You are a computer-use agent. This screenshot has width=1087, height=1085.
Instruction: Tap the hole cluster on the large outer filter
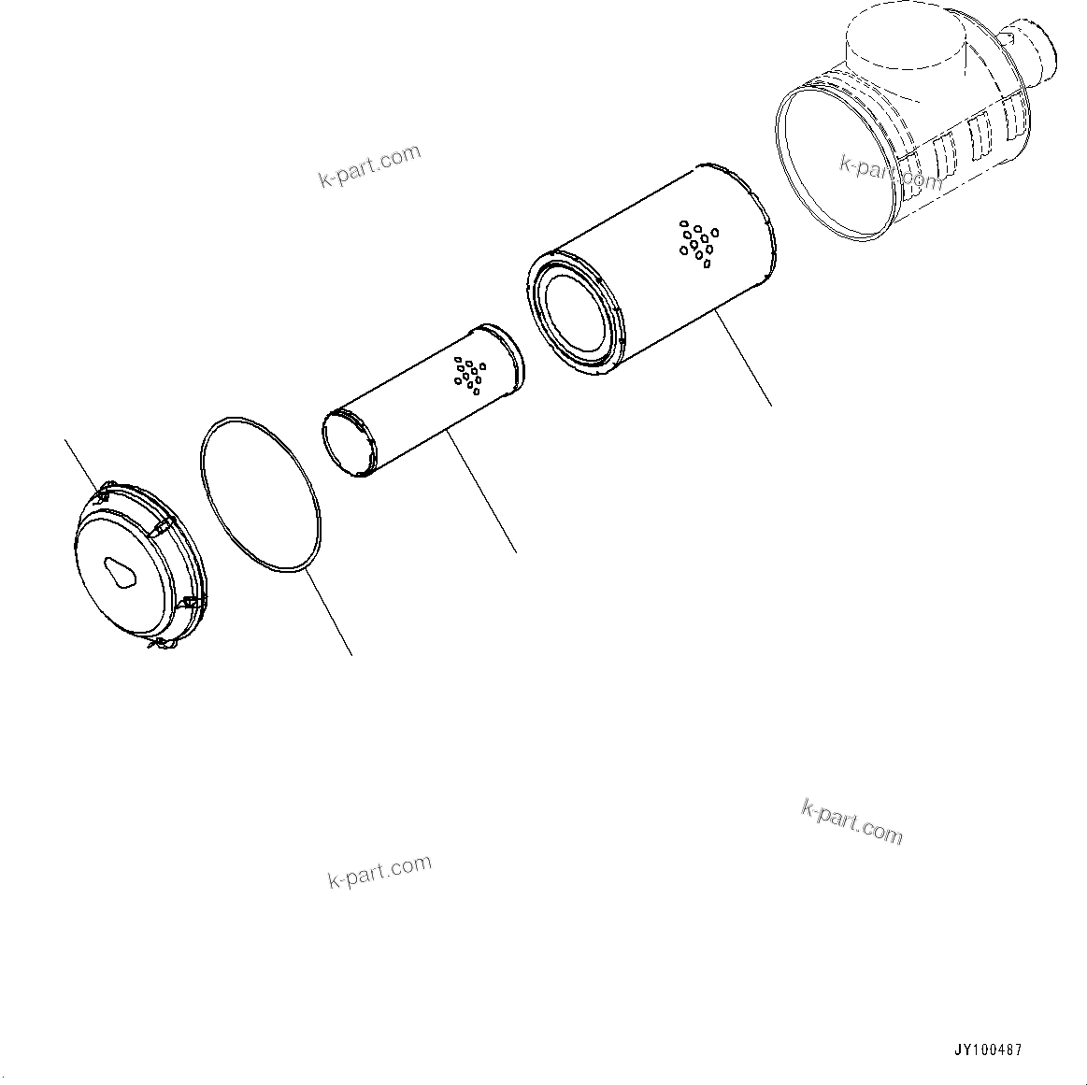(698, 242)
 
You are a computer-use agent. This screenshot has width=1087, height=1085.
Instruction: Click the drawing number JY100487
(987, 1049)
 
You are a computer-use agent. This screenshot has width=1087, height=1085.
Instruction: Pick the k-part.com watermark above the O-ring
(369, 166)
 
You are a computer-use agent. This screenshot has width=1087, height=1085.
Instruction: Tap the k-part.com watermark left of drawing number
(851, 821)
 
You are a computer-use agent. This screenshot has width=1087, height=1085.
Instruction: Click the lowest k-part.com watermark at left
(379, 871)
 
